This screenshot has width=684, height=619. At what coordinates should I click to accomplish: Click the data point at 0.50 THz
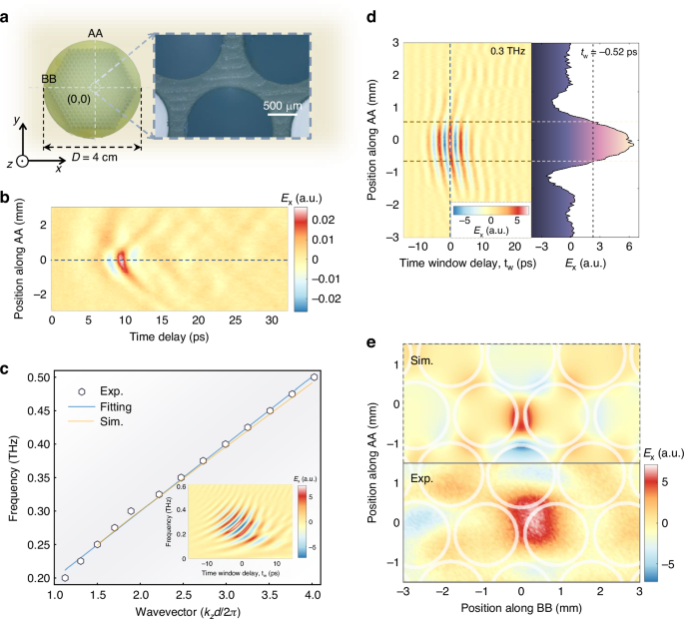pos(316,377)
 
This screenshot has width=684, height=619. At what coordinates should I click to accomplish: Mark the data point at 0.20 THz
pos(66,578)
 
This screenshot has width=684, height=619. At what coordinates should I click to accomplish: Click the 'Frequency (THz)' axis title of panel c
pos(14,477)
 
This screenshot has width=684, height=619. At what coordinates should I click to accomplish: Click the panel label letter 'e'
pos(371,341)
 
